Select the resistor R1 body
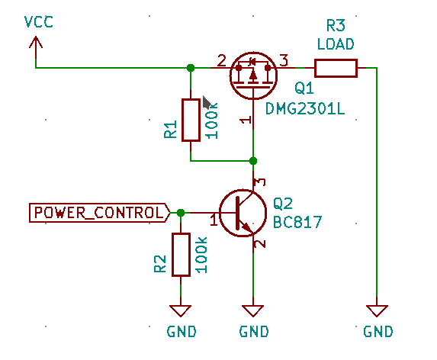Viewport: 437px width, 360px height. (191, 120)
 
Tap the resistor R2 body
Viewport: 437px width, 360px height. (181, 255)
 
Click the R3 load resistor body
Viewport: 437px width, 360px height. (336, 68)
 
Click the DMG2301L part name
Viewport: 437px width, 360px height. (304, 109)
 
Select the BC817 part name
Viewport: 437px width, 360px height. (297, 223)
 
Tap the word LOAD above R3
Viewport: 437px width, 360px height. (336, 43)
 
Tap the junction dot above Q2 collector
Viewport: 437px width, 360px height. (253, 161)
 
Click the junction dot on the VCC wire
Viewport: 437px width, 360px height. (191, 68)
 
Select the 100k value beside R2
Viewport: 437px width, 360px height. (202, 255)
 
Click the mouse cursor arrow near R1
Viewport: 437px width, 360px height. (207, 103)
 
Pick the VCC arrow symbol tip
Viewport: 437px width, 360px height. (35, 40)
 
